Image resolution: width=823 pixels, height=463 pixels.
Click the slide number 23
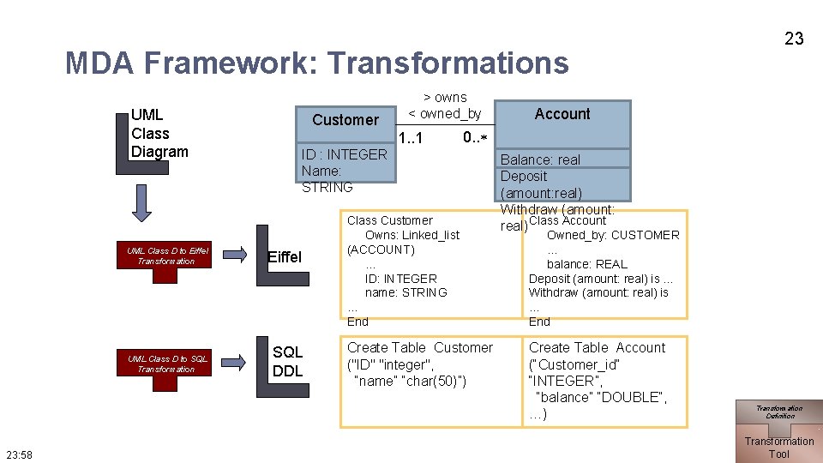pyautogui.click(x=794, y=38)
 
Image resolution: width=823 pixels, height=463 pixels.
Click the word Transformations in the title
pyautogui.click(x=448, y=63)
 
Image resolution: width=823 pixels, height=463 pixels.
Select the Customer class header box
pyautogui.click(x=345, y=120)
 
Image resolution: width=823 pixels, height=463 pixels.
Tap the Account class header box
pyautogui.click(x=562, y=114)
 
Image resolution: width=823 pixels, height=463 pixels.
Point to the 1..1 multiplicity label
pyautogui.click(x=410, y=138)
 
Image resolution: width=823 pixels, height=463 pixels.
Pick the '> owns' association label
pyautogui.click(x=445, y=97)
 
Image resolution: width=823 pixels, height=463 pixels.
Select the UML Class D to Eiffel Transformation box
pyautogui.click(x=166, y=256)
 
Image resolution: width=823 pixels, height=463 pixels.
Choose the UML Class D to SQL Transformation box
pyautogui.click(x=166, y=364)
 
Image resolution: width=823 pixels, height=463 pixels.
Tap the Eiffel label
pyautogui.click(x=285, y=257)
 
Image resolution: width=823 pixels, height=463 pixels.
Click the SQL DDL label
pyautogui.click(x=287, y=362)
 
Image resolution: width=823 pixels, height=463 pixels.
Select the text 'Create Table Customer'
pyautogui.click(x=419, y=348)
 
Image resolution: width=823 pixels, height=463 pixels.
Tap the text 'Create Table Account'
pyautogui.click(x=597, y=348)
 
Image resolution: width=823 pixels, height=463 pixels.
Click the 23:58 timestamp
pyautogui.click(x=19, y=454)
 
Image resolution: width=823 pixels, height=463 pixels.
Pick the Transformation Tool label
pyautogui.click(x=778, y=448)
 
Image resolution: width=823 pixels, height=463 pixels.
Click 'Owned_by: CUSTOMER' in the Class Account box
pyautogui.click(x=613, y=235)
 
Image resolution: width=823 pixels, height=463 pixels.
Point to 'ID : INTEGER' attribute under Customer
pyautogui.click(x=345, y=154)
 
